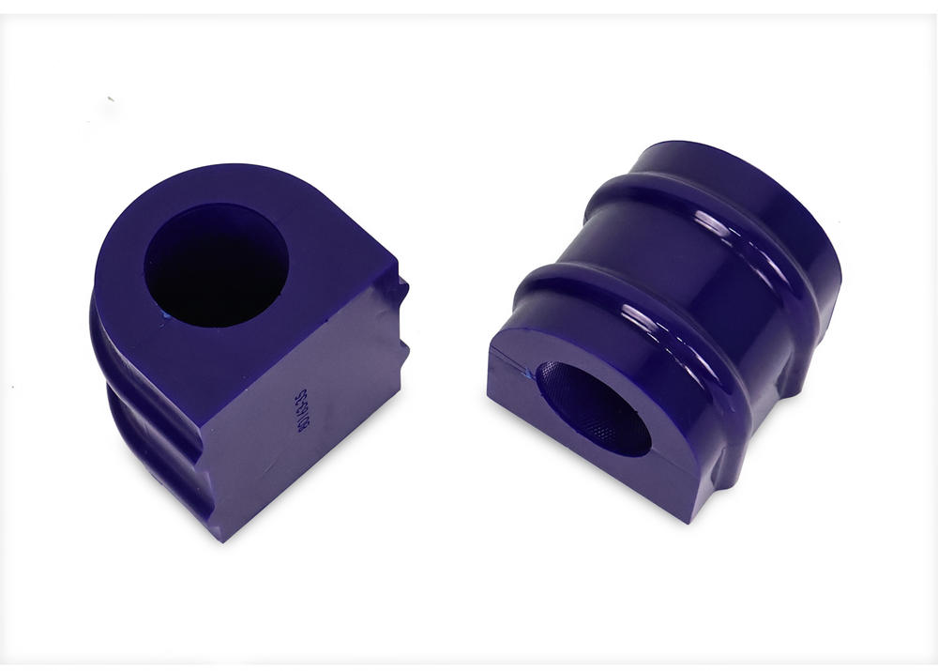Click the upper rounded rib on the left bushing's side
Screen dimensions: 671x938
(105, 338)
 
